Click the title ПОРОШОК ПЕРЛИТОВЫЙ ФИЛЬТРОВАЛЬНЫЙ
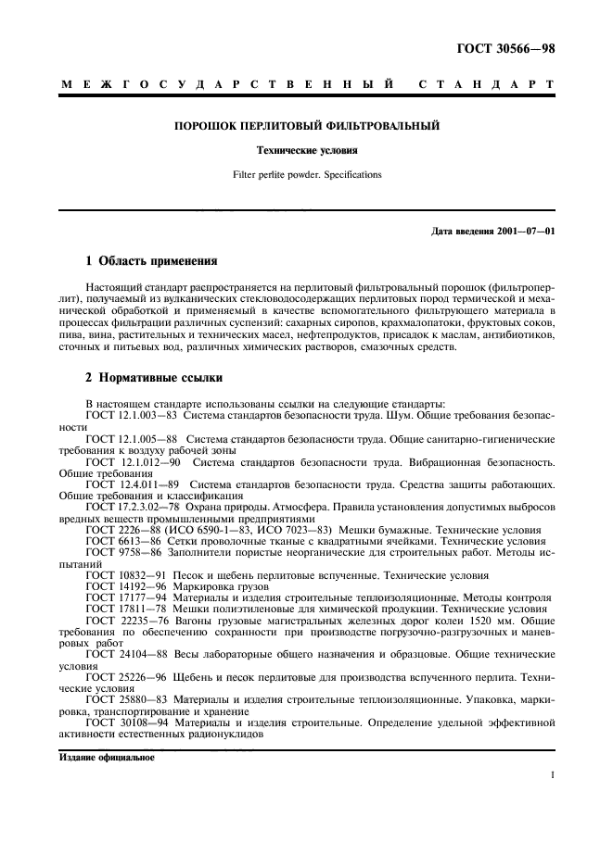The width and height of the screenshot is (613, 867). pyautogui.click(x=307, y=124)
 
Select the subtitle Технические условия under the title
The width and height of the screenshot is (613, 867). pyautogui.click(x=307, y=149)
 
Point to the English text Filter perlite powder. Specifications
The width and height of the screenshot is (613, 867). pyautogui.click(x=307, y=173)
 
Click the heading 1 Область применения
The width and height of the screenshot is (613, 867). pyautogui.click(x=151, y=262)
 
